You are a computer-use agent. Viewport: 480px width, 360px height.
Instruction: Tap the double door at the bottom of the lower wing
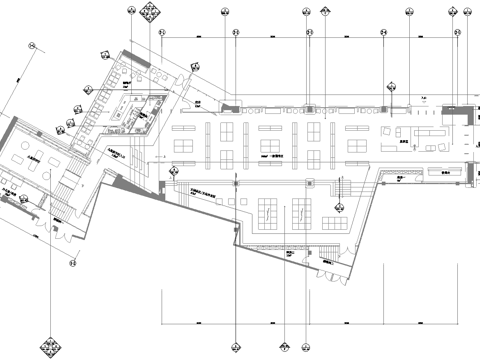tap(328, 262)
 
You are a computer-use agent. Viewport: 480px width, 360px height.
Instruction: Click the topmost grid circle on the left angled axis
tap(31, 45)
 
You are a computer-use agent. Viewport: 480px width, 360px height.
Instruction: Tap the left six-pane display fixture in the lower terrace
tap(268, 211)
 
